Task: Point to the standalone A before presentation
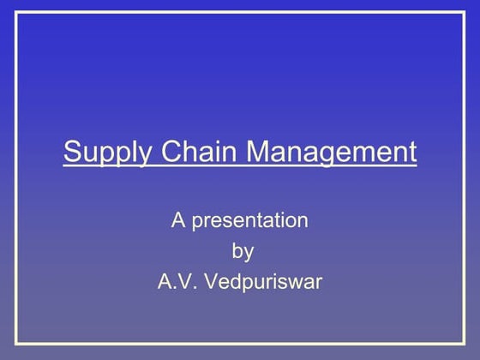(178, 220)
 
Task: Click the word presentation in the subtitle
(249, 222)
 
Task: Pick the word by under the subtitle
(243, 252)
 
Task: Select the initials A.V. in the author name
(178, 281)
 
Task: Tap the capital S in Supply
(72, 152)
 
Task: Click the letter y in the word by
(249, 254)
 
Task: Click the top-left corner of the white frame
(16, 13)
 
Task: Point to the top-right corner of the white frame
(464, 13)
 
